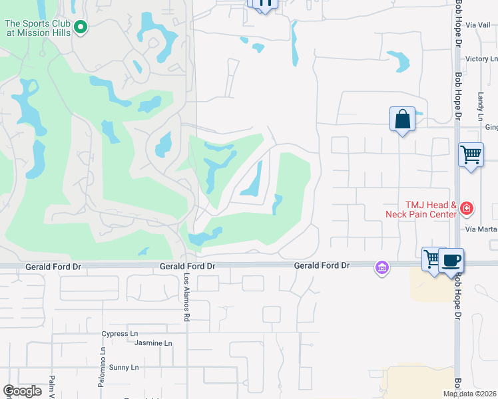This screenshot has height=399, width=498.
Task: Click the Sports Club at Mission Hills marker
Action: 81,27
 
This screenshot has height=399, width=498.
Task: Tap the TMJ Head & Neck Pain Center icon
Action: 467,209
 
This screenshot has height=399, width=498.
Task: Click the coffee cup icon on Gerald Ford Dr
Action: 451,260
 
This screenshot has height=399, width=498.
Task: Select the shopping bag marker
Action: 402,120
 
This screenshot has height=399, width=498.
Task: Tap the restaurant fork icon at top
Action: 265,3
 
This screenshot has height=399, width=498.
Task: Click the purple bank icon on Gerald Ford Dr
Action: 381,267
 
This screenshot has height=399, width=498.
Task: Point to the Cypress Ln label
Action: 120,333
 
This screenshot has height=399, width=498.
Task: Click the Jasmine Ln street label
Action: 153,343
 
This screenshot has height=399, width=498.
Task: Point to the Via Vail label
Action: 478,25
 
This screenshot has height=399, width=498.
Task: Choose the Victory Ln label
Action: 477,59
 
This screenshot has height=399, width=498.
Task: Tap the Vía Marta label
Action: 481,229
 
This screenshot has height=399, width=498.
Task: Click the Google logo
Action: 22,391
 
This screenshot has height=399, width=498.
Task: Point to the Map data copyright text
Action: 470,394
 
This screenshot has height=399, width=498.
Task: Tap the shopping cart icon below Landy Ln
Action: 471,155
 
